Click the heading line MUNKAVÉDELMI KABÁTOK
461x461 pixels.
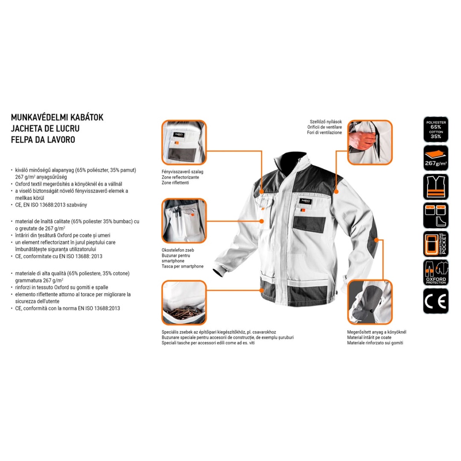point(57,118)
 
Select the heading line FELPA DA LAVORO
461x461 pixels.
point(43,139)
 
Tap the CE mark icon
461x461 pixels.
point(436,301)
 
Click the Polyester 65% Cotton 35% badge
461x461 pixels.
point(436,129)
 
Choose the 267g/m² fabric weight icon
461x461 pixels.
point(436,158)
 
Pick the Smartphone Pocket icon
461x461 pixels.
point(436,244)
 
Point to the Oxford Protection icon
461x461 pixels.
point(436,273)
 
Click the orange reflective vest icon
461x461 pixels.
point(436,187)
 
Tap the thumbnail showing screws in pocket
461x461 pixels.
point(184,302)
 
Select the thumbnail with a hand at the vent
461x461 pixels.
point(370,143)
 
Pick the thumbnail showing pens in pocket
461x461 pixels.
point(184,221)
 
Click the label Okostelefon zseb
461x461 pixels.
point(178,250)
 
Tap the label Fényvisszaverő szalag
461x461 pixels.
point(182,172)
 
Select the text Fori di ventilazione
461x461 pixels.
point(324,133)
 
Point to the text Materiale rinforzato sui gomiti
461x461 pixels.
point(375,343)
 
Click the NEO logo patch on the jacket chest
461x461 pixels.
point(305,201)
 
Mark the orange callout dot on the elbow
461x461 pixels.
point(377,240)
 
